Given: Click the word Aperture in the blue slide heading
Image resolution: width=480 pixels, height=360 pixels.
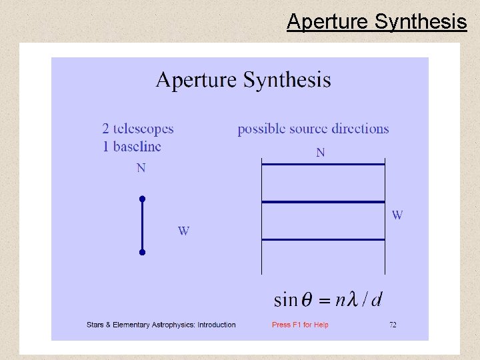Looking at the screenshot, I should pyautogui.click(x=196, y=81).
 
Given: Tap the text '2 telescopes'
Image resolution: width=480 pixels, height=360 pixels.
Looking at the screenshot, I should pyautogui.click(x=138, y=129).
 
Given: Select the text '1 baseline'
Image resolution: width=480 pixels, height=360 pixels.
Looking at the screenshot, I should pyautogui.click(x=132, y=145).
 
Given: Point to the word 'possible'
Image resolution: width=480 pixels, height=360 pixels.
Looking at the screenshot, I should pyautogui.click(x=263, y=129).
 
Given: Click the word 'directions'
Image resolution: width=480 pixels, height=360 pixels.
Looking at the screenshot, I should pyautogui.click(x=356, y=129).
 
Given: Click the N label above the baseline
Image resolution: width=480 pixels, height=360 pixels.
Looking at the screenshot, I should pyautogui.click(x=141, y=168).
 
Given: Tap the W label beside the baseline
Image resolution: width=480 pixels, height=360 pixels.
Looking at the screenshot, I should pyautogui.click(x=183, y=231).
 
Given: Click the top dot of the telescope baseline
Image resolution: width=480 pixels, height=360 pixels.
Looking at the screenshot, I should pyautogui.click(x=142, y=199).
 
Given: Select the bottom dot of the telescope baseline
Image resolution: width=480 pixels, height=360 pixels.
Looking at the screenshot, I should pyautogui.click(x=142, y=253).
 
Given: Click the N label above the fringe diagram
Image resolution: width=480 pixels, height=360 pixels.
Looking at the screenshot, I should pyautogui.click(x=321, y=153).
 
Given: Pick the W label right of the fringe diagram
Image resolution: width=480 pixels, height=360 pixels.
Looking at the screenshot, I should pyautogui.click(x=397, y=215).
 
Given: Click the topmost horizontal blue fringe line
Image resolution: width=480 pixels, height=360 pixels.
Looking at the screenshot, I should pyautogui.click(x=323, y=164).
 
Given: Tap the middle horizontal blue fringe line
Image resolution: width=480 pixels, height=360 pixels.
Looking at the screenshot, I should pyautogui.click(x=323, y=201).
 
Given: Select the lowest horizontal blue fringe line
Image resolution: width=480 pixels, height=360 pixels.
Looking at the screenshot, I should pyautogui.click(x=323, y=239).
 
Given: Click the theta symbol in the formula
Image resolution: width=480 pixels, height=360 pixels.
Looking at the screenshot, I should pyautogui.click(x=307, y=300).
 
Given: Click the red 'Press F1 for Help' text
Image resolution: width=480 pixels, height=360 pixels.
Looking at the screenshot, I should pyautogui.click(x=300, y=325).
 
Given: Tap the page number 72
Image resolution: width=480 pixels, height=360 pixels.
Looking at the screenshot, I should pyautogui.click(x=393, y=325).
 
